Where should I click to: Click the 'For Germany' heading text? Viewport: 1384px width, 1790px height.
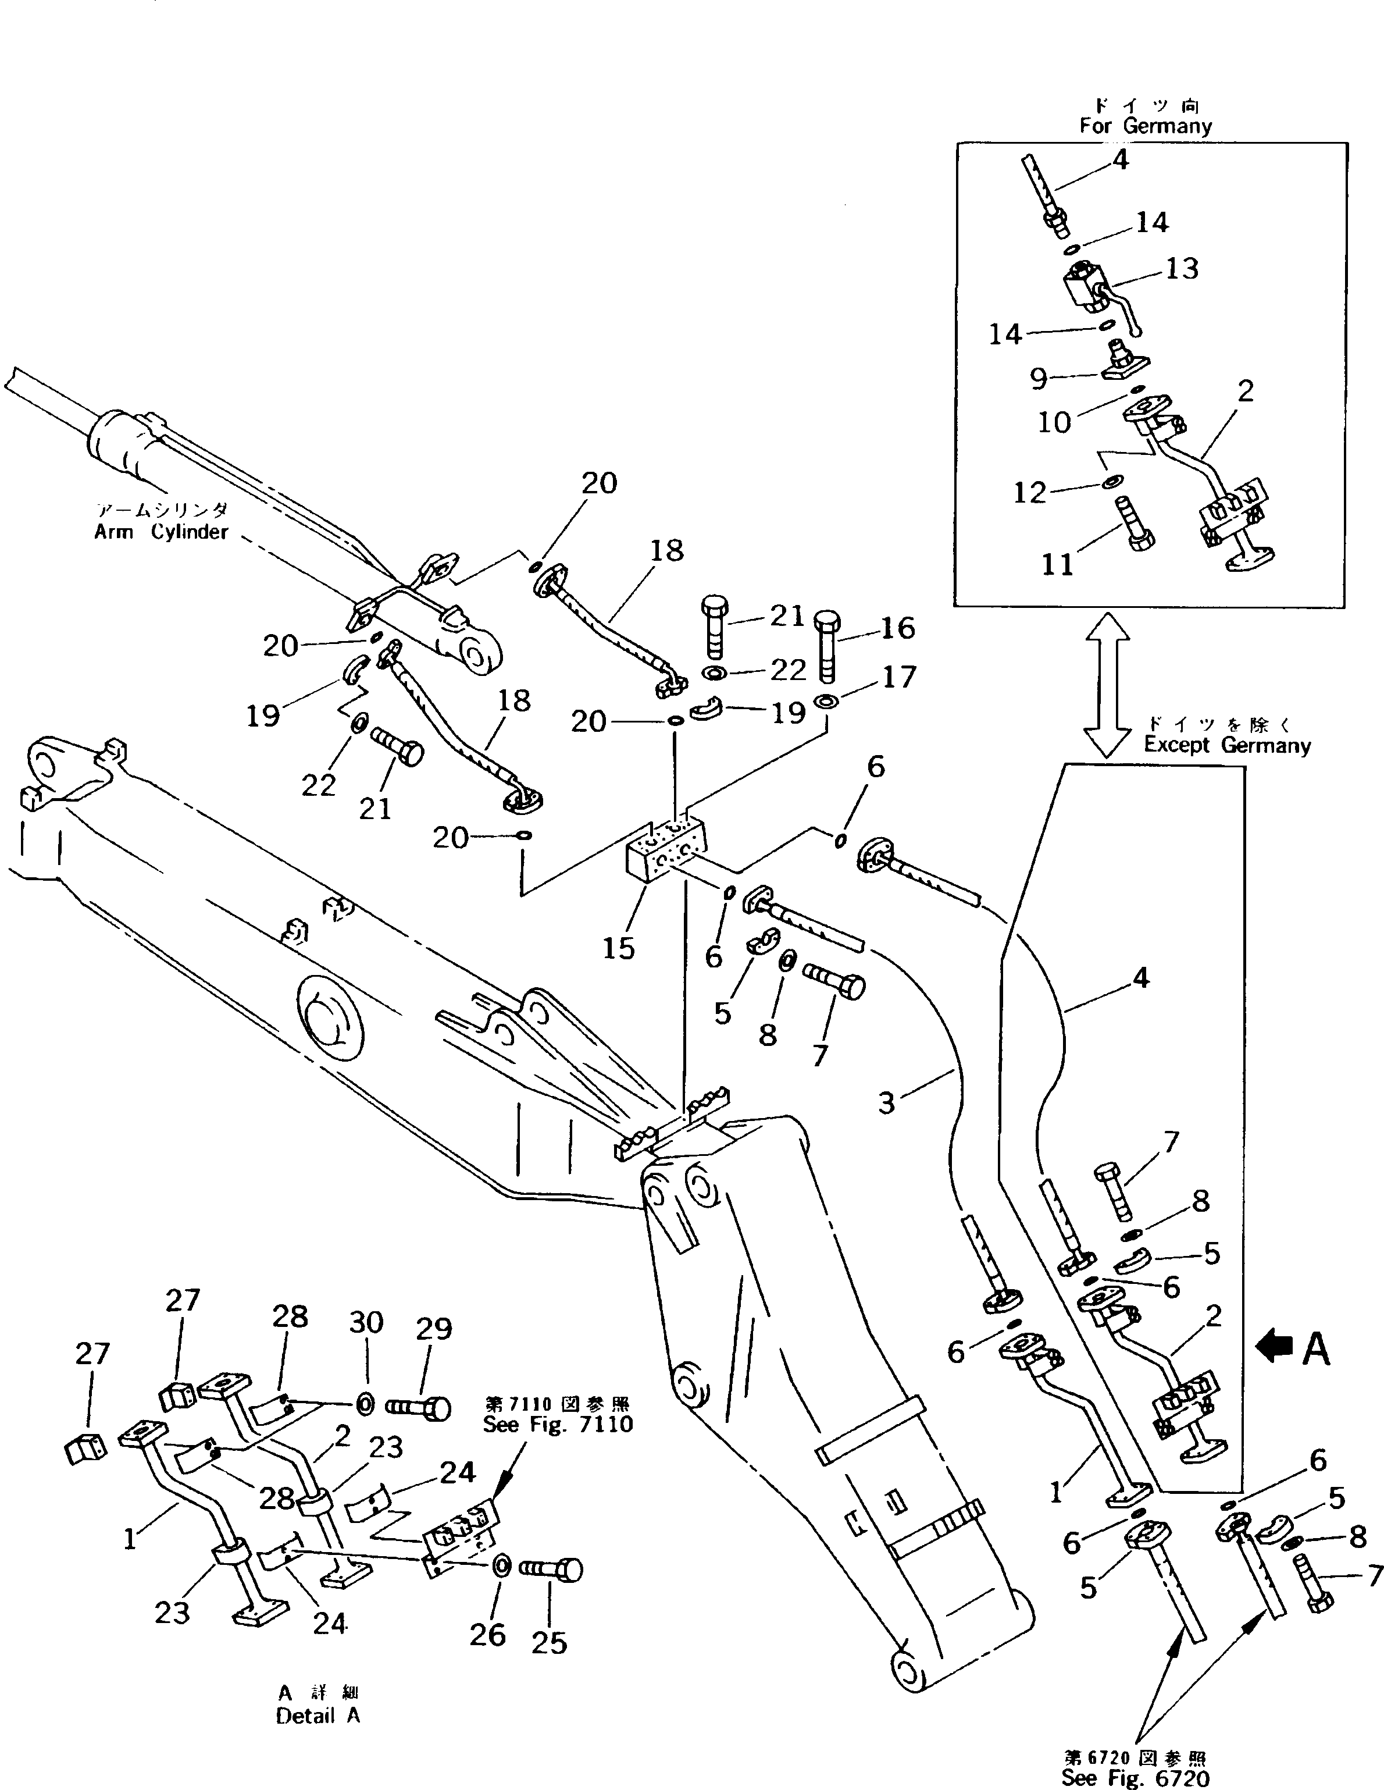[1145, 126]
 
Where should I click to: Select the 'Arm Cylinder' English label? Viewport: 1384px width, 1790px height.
[160, 531]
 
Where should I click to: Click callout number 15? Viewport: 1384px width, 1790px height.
[619, 948]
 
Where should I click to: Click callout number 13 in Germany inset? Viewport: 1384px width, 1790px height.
[1182, 268]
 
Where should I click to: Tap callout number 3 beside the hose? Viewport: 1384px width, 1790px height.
[887, 1102]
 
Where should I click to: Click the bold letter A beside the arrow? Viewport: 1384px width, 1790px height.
[1316, 1348]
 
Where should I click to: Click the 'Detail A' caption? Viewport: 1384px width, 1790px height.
[318, 1716]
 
